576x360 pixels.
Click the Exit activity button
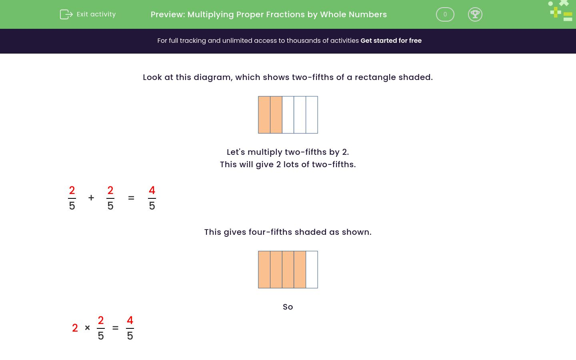(x=88, y=14)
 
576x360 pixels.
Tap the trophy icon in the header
(x=475, y=14)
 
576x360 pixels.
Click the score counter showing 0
(x=445, y=14)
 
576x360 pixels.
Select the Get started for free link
(x=391, y=41)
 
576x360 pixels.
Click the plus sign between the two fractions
(x=91, y=198)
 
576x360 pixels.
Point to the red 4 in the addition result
(x=152, y=190)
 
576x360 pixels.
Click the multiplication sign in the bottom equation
(x=87, y=328)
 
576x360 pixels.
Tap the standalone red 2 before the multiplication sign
(x=75, y=328)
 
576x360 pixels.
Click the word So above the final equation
(x=288, y=307)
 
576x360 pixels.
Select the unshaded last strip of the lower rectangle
(x=312, y=270)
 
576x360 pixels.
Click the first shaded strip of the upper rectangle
(x=264, y=115)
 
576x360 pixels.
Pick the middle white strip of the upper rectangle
(x=300, y=115)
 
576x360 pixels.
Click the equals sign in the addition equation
(x=131, y=198)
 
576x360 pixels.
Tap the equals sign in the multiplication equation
(x=116, y=328)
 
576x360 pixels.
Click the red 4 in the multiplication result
(x=130, y=320)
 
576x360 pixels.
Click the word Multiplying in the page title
(x=210, y=14)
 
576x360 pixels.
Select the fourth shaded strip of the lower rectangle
(x=300, y=270)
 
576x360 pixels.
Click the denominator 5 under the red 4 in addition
(x=152, y=206)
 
